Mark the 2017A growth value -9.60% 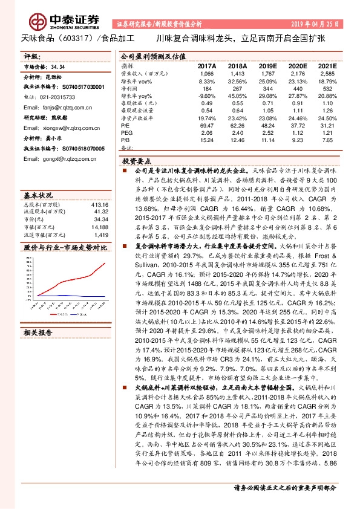(207, 95)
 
